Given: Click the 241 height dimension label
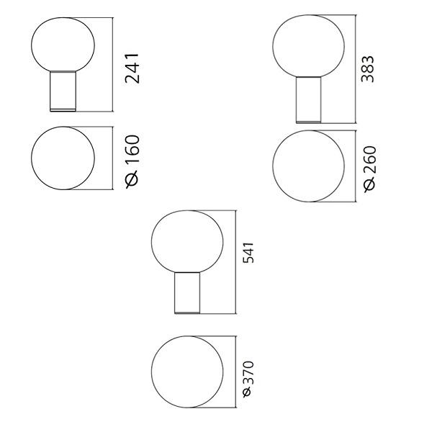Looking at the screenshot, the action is pyautogui.click(x=132, y=68).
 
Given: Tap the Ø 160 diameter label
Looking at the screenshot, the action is pyautogui.click(x=132, y=162).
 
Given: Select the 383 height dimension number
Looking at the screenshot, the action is pyautogui.click(x=368, y=69).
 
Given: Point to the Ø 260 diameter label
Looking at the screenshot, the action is pyautogui.click(x=369, y=169).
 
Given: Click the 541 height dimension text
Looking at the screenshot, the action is pyautogui.click(x=248, y=253).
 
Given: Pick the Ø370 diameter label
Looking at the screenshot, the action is pyautogui.click(x=248, y=379).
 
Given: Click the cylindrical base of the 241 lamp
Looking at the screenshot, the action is pyautogui.click(x=63, y=91).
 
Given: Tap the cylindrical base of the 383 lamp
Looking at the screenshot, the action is pyautogui.click(x=308, y=100).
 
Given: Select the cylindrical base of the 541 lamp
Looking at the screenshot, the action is pyautogui.click(x=187, y=293).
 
